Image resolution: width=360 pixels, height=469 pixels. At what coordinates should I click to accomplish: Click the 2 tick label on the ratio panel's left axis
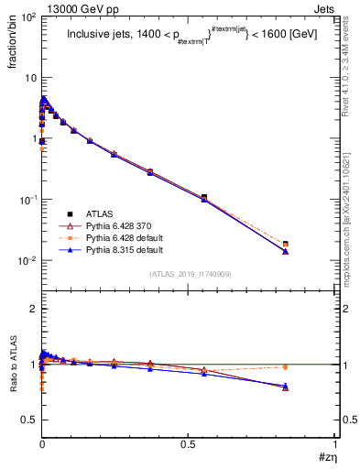(x=32, y=310)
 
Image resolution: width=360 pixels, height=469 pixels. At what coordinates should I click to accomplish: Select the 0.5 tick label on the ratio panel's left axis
(x=28, y=420)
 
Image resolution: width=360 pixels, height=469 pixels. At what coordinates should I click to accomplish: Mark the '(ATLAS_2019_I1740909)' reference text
(x=190, y=274)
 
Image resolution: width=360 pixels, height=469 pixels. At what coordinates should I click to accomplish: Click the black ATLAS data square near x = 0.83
(x=286, y=245)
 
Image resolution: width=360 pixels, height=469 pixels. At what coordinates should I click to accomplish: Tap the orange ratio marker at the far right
(x=286, y=367)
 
